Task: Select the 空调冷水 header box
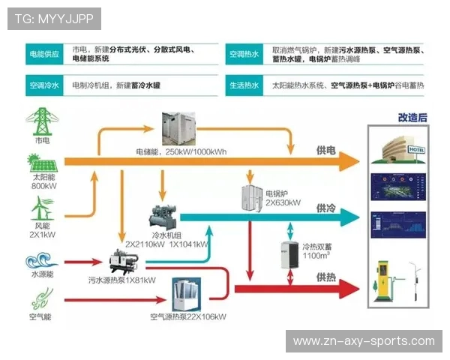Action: pyautogui.click(x=43, y=86)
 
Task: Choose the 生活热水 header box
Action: pyautogui.click(x=245, y=86)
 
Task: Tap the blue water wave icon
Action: pyautogui.click(x=42, y=262)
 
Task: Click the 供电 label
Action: pyautogui.click(x=326, y=149)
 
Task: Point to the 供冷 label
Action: pyautogui.click(x=326, y=208)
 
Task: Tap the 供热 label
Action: pyautogui.click(x=326, y=277)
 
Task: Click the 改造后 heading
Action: pyautogui.click(x=412, y=117)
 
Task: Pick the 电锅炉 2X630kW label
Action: pyautogui.click(x=283, y=198)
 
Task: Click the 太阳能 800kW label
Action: pyautogui.click(x=43, y=181)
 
